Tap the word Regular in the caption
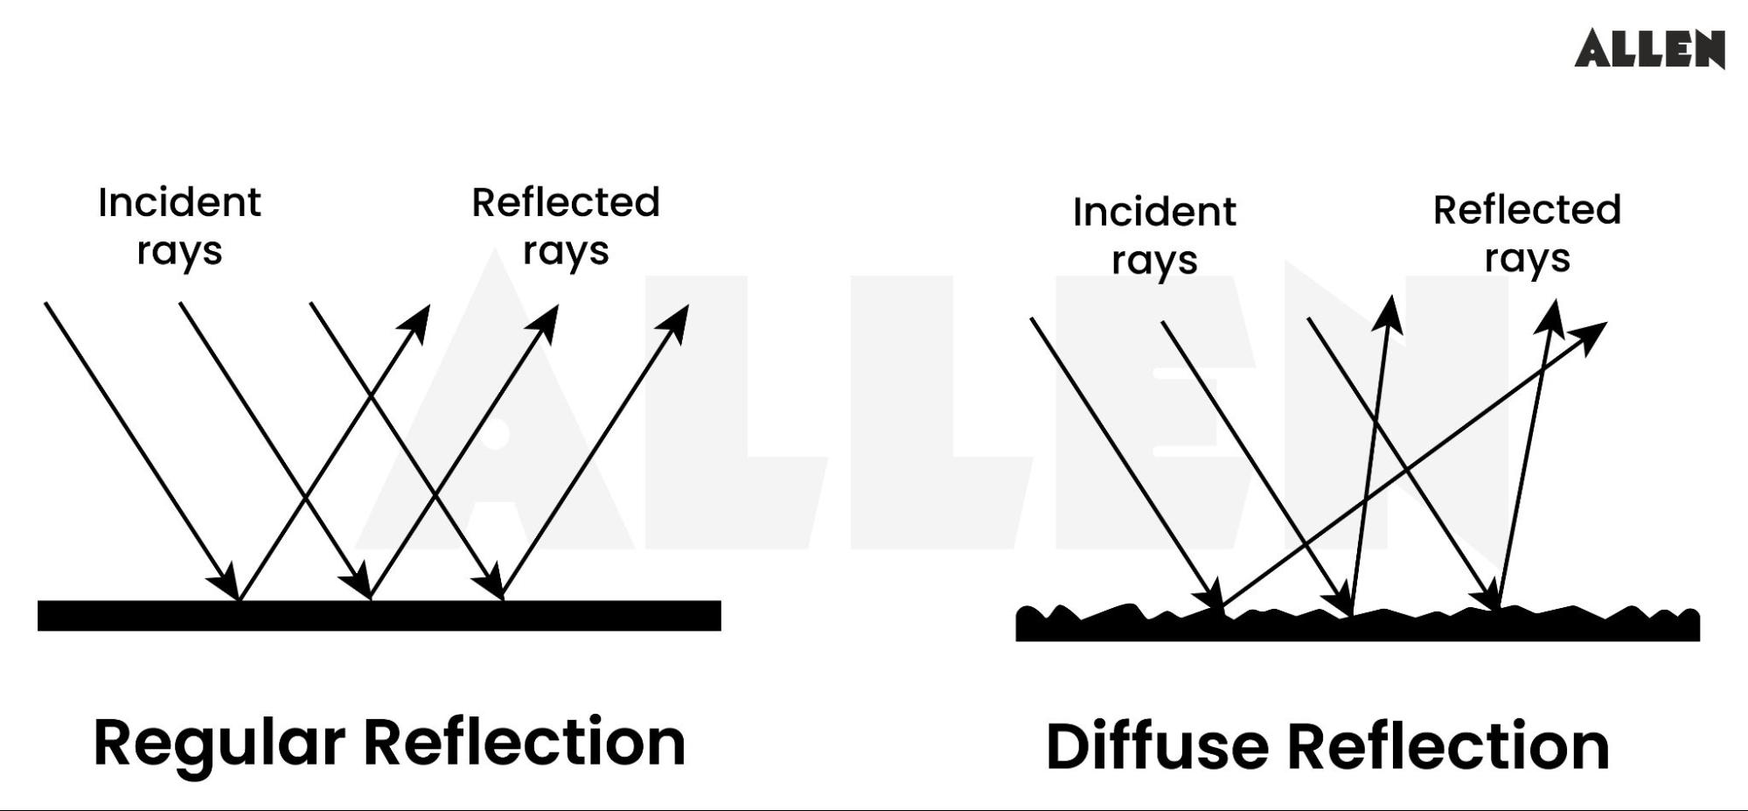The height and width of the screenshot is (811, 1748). click(x=219, y=744)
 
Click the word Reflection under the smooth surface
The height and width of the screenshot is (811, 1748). click(x=524, y=744)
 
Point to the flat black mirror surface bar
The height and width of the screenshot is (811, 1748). click(x=379, y=615)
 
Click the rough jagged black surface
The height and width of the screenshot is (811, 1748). click(x=1357, y=626)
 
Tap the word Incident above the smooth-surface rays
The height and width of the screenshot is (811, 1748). click(x=179, y=203)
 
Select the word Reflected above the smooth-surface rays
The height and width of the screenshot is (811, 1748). click(x=566, y=203)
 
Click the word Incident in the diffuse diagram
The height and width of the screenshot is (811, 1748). click(x=1154, y=213)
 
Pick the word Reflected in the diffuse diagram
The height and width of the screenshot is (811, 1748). click(x=1527, y=210)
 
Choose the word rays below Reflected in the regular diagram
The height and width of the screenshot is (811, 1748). click(x=566, y=252)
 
